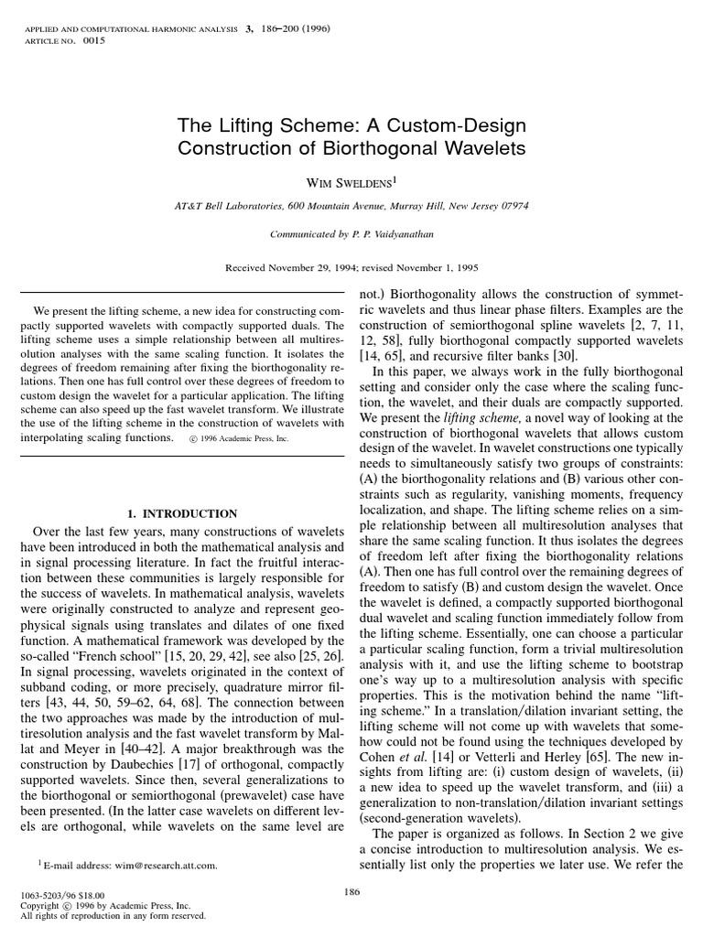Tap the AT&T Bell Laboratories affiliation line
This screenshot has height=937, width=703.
coord(351,206)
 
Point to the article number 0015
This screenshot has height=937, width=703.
coord(94,41)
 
